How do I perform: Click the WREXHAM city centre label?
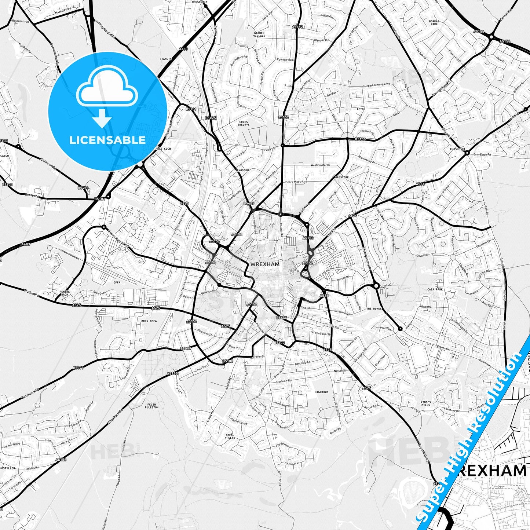coord(265,264)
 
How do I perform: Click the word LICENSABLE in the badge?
coord(107,140)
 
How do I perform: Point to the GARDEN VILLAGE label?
coord(259,35)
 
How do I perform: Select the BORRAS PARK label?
coord(434,23)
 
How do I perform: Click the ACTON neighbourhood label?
coord(361,109)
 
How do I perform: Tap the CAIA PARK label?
coord(435,289)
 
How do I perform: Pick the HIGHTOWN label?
coord(321,392)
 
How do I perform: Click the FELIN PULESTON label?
coord(151,406)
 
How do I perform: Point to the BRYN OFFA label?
coord(149,321)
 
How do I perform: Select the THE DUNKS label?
coord(374,309)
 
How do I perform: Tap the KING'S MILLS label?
coord(426,403)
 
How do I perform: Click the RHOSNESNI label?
coord(457,149)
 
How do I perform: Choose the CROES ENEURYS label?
coord(244,123)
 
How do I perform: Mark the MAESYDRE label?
coord(342,178)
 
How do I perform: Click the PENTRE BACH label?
coord(64,293)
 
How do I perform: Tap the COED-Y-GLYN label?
coord(230,437)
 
